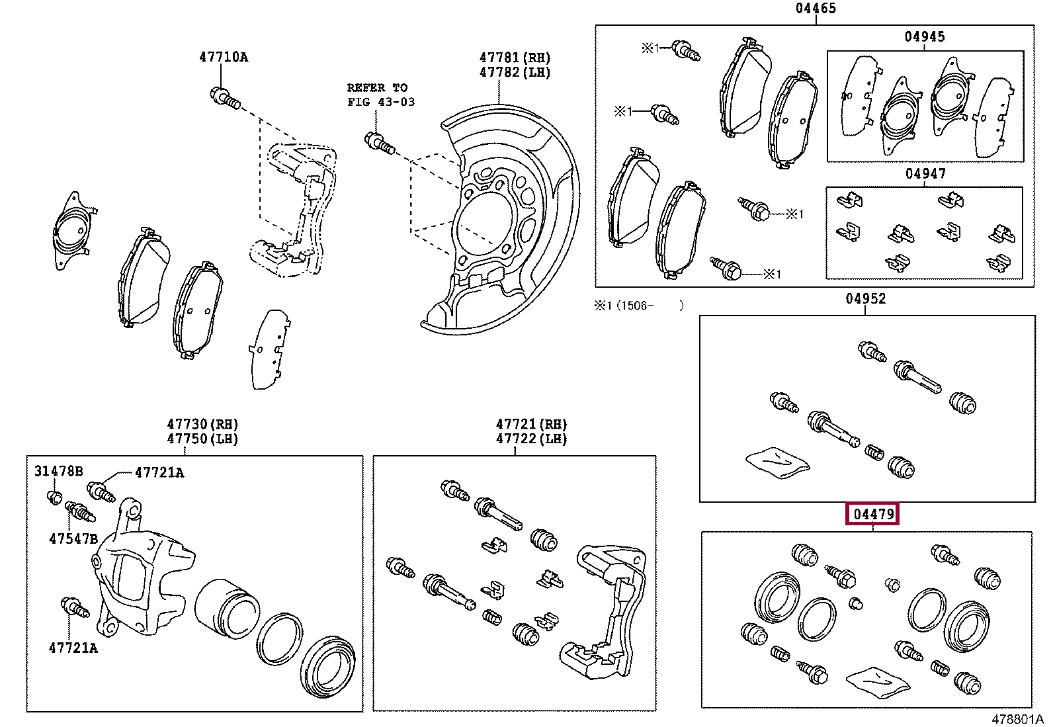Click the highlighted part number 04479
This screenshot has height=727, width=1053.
[x=872, y=515]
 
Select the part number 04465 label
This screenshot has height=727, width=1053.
[x=815, y=9]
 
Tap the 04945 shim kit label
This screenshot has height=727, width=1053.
[x=924, y=37]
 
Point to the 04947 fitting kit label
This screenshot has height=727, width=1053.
[x=925, y=174]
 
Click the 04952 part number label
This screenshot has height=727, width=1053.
[x=865, y=299]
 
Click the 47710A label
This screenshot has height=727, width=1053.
[x=223, y=58]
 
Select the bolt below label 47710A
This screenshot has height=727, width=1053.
[x=224, y=98]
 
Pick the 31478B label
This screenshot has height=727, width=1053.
[x=59, y=472]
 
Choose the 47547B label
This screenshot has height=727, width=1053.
[x=73, y=539]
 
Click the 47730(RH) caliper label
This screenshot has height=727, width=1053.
[x=202, y=424]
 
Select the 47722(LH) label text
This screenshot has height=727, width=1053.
[x=531, y=439]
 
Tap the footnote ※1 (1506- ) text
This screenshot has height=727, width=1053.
[x=638, y=306]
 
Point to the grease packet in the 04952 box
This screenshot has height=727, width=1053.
[x=777, y=461]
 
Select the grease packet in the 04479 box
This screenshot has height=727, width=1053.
[x=878, y=682]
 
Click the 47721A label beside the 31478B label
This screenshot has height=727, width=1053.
[x=159, y=472]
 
